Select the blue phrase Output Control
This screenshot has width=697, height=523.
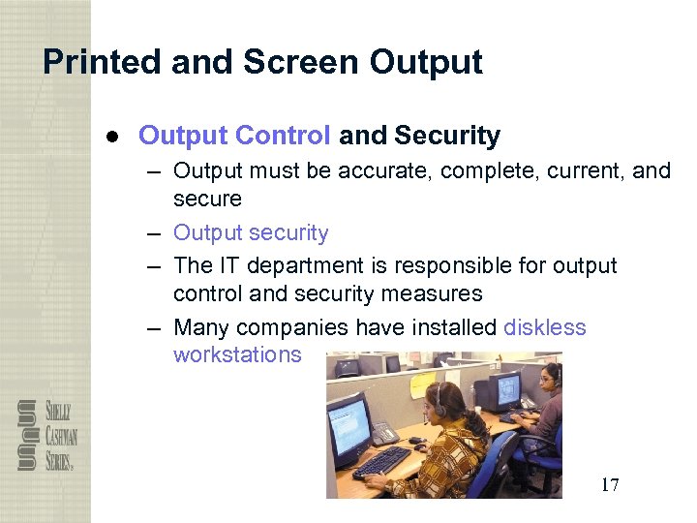pyautogui.click(x=234, y=136)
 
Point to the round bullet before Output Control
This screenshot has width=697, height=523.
pyautogui.click(x=112, y=137)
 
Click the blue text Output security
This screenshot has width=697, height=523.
pyautogui.click(x=251, y=233)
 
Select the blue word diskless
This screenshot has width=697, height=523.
pyautogui.click(x=544, y=327)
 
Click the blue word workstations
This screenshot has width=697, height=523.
pyautogui.click(x=237, y=354)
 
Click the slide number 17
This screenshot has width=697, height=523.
pyautogui.click(x=609, y=484)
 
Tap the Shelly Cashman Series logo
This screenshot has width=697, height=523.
pyautogui.click(x=45, y=435)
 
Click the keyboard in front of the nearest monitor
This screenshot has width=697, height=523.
pyautogui.click(x=381, y=461)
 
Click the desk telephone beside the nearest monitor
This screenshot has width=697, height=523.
pyautogui.click(x=384, y=433)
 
